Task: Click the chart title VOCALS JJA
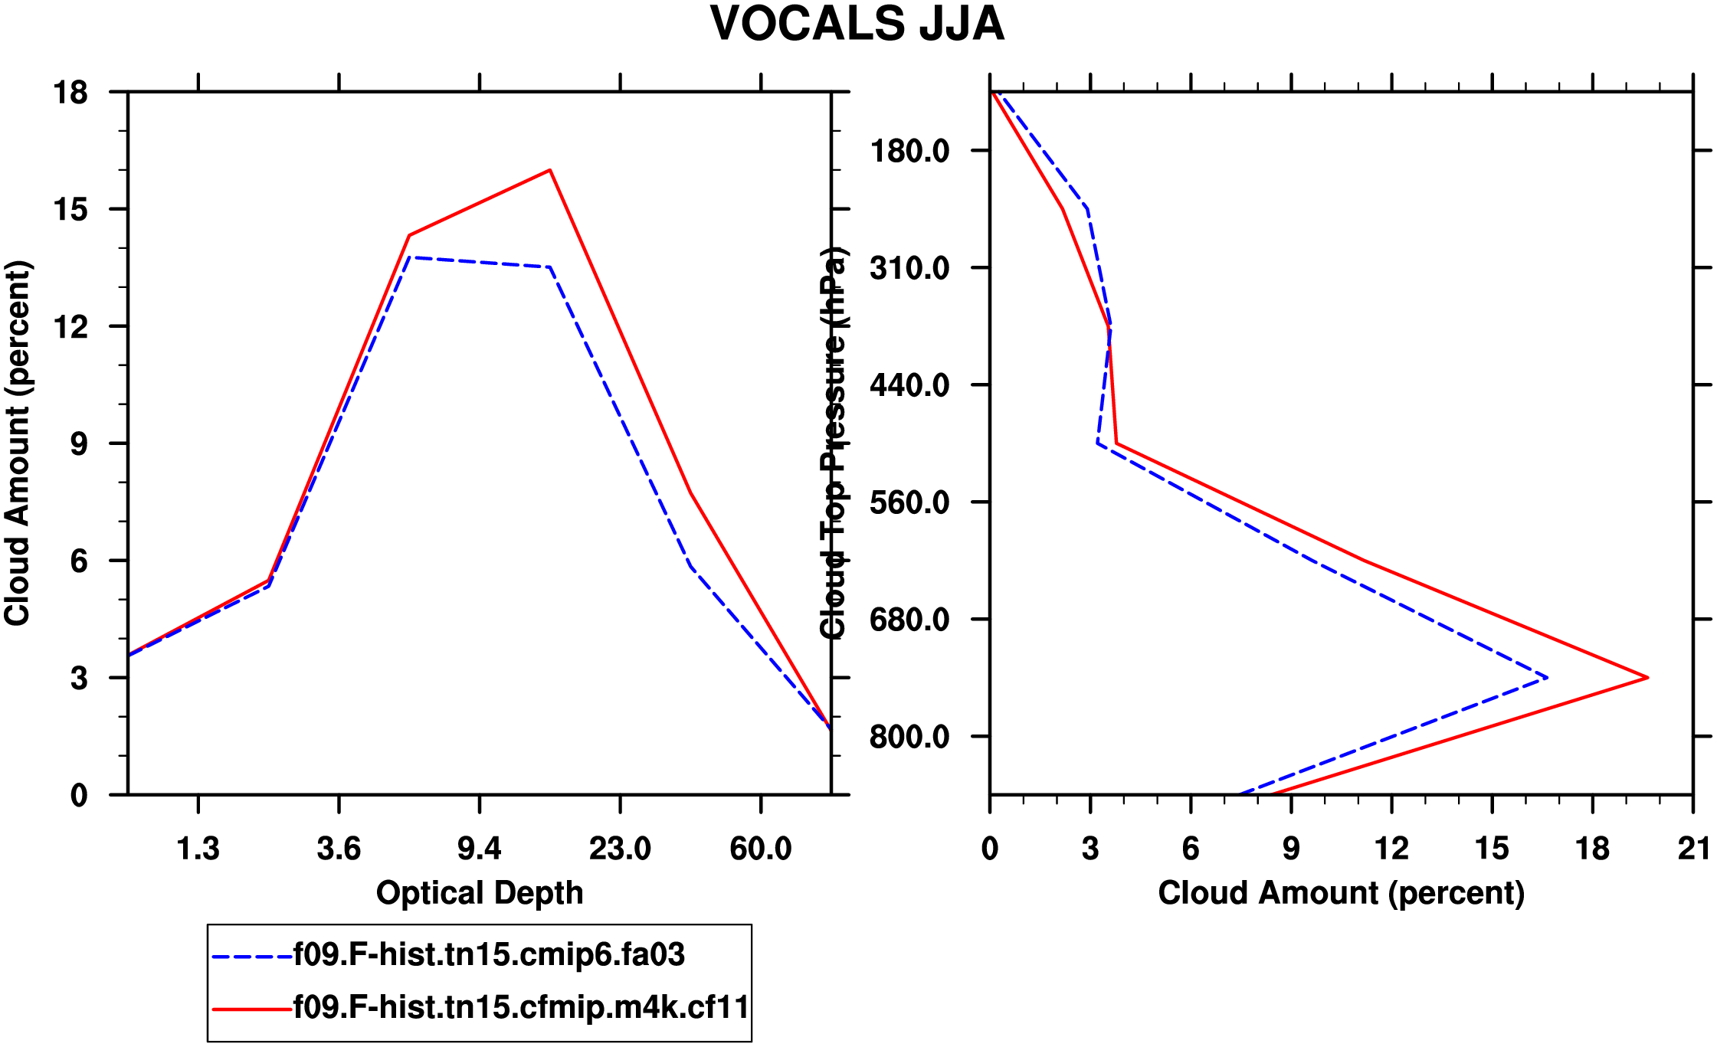point(857,25)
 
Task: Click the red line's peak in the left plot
point(549,170)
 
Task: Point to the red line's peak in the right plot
point(1647,677)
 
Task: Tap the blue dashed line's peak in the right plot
point(1546,677)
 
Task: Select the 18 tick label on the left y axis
point(70,93)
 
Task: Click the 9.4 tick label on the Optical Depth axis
point(479,849)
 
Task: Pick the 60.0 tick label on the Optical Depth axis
point(760,849)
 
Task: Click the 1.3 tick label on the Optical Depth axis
point(198,849)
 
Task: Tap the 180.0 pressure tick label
point(909,151)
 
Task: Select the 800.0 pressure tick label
point(909,737)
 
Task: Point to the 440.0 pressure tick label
point(909,385)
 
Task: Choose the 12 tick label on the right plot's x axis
point(1391,849)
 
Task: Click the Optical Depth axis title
point(480,893)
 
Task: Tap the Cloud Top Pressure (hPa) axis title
point(833,443)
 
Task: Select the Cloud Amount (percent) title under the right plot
point(1341,893)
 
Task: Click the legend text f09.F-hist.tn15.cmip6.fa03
point(489,955)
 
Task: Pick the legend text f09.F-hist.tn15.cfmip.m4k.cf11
point(521,1007)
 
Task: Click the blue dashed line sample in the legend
point(252,957)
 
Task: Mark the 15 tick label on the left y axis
point(70,210)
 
